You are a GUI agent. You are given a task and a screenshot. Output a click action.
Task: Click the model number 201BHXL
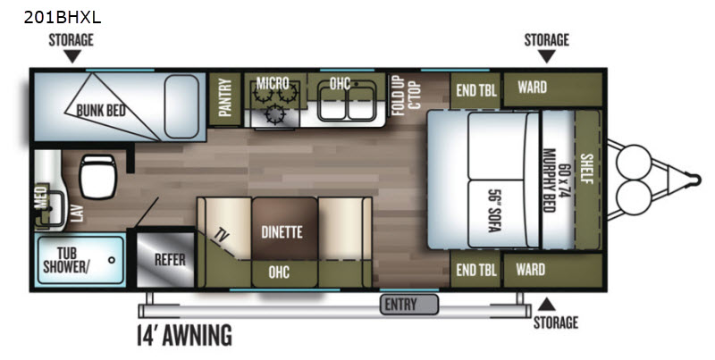pos(63,17)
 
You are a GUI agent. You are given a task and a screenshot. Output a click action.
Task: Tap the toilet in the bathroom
pos(97,176)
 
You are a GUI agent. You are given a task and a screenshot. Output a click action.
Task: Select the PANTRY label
pos(225,97)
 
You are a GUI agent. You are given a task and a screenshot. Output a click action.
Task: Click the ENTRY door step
pos(409,305)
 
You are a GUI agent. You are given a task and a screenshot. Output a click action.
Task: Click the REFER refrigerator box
pos(166,259)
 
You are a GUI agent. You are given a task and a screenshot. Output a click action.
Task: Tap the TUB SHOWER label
pos(66,260)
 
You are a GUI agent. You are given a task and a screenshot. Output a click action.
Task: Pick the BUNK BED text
pos(101,110)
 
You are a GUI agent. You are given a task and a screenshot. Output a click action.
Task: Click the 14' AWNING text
pos(185,335)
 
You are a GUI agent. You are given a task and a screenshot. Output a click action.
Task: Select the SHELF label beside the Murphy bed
pos(586,169)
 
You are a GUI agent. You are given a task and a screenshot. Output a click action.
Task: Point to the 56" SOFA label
pos(495,211)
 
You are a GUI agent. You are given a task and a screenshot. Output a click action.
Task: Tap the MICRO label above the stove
pos(273,83)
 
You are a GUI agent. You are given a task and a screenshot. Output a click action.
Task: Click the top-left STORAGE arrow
pos(71,56)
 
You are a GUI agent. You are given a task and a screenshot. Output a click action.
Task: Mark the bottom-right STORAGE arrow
pos(546,305)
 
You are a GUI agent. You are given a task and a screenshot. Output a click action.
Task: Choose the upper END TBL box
pos(475,90)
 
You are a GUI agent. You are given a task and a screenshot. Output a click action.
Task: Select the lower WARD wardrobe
pos(552,270)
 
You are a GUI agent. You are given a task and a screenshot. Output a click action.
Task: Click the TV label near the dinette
pos(222,237)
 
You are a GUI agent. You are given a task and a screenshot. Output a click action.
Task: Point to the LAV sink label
pos(78,213)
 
